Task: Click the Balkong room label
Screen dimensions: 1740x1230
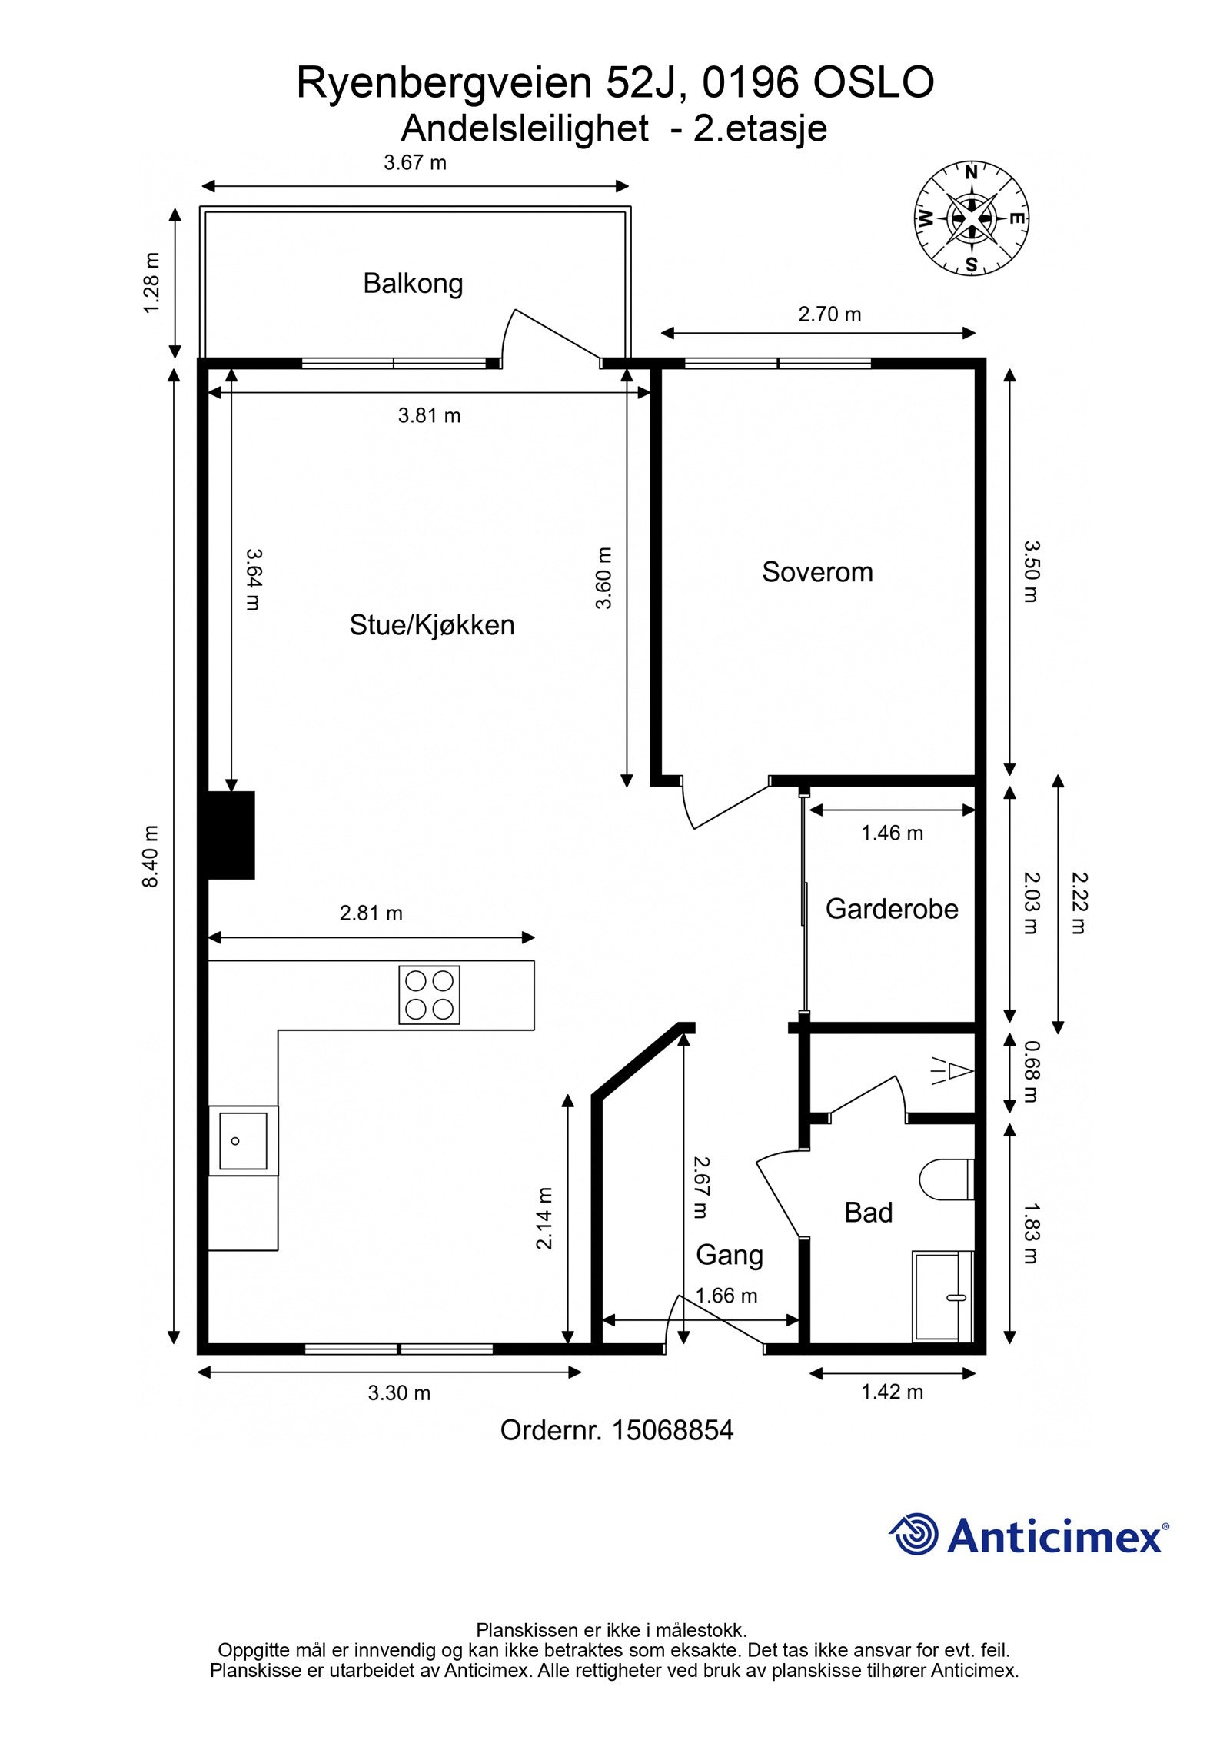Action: point(413,284)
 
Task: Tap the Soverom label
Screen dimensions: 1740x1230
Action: point(817,572)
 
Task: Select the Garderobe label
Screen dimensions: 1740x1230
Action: point(892,909)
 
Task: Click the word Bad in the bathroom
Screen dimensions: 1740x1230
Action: point(868,1213)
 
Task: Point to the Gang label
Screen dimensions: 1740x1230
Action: point(729,1255)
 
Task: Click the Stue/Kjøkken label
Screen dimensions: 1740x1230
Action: point(431,625)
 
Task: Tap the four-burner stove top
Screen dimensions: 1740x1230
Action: point(429,995)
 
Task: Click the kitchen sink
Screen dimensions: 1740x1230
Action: point(243,1141)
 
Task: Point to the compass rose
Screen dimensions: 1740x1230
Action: point(971,218)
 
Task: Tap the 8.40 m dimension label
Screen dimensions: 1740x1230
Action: point(151,857)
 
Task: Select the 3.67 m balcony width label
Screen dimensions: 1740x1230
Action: point(415,163)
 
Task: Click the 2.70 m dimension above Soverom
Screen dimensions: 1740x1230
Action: point(829,314)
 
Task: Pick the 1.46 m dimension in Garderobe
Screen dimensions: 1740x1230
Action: point(892,833)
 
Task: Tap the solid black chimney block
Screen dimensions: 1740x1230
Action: point(228,835)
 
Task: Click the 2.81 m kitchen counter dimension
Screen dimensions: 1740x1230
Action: point(371,913)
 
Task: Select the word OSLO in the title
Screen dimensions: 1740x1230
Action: point(873,83)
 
